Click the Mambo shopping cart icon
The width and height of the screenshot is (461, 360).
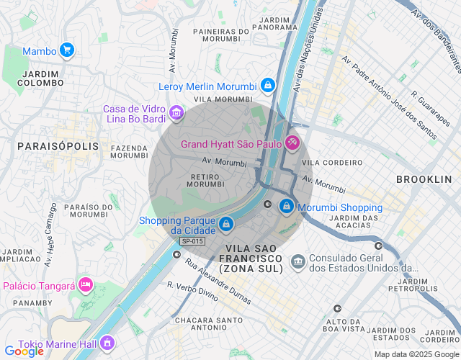[x=66, y=50]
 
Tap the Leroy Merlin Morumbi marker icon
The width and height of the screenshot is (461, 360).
[x=267, y=86]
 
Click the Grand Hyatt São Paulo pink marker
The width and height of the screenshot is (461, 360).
[x=292, y=143]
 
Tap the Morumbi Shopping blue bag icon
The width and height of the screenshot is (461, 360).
[x=287, y=207]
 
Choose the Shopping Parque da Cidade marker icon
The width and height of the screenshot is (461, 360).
[x=226, y=224]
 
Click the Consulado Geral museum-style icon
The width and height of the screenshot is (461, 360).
[x=297, y=261]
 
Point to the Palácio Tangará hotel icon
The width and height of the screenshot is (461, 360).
[x=86, y=285]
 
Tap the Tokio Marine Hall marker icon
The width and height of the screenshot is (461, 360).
[x=107, y=342]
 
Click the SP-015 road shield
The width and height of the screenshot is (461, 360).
[x=192, y=241]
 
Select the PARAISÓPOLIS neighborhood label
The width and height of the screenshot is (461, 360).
[x=47, y=146]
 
